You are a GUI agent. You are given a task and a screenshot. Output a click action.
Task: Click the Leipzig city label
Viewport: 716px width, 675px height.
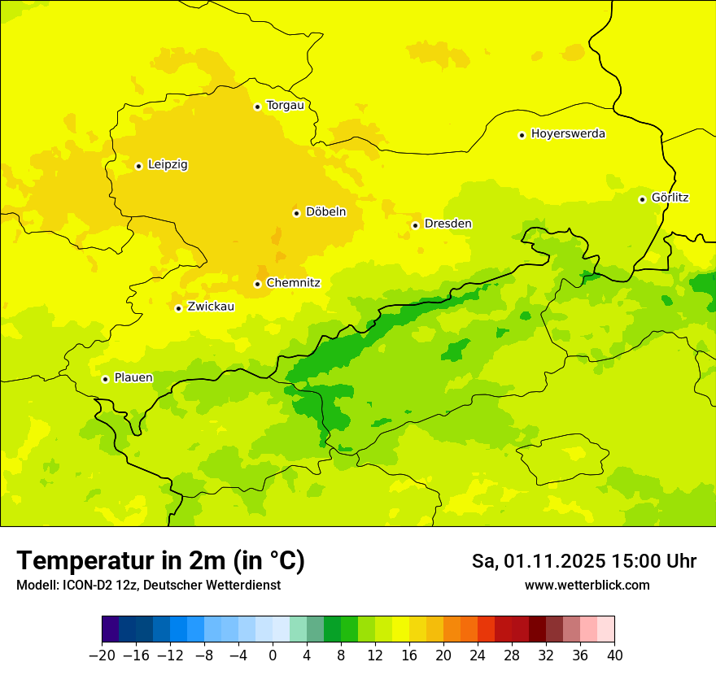click(x=168, y=165)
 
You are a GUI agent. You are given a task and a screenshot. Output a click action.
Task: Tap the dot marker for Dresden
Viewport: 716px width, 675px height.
click(x=415, y=225)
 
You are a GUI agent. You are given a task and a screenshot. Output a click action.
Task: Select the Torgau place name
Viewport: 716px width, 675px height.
click(x=285, y=106)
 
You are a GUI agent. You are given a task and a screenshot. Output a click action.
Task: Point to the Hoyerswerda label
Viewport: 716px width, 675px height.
click(x=568, y=134)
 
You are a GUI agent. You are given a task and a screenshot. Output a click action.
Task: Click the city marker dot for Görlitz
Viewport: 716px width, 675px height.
click(x=642, y=199)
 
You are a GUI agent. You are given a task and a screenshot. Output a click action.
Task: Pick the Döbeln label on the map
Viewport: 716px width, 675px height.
click(x=325, y=212)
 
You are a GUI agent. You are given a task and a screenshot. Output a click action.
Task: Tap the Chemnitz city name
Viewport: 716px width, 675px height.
click(x=293, y=283)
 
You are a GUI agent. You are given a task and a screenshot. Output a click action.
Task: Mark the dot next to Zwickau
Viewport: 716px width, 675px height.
click(x=178, y=308)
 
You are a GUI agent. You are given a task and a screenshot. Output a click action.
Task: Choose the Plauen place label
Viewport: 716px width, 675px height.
click(x=133, y=378)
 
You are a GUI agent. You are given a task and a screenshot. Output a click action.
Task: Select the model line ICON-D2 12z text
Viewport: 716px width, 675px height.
click(x=148, y=586)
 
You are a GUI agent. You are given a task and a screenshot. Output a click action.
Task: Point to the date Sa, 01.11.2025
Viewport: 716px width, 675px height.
click(x=539, y=561)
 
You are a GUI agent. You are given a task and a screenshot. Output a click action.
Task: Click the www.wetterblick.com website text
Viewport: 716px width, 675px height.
click(x=587, y=586)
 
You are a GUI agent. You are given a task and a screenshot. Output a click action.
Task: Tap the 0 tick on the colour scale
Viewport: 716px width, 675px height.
click(x=273, y=655)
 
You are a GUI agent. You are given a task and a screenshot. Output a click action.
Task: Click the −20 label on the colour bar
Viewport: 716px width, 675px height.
click(x=102, y=655)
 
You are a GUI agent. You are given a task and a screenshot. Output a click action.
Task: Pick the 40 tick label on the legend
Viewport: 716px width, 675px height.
click(x=614, y=655)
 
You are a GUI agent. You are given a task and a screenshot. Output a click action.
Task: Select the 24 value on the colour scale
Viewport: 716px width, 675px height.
click(x=478, y=655)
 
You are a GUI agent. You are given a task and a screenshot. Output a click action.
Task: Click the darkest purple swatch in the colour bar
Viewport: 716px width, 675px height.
click(x=111, y=629)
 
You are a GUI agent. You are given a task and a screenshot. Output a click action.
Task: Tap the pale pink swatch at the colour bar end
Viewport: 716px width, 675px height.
click(x=605, y=629)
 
